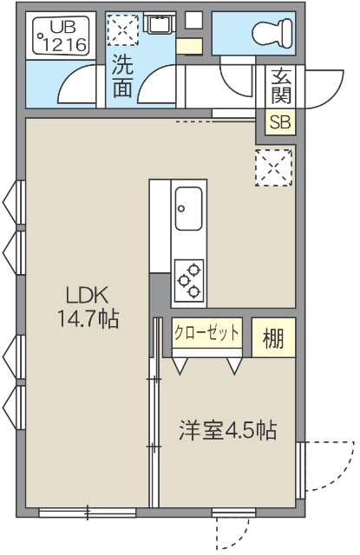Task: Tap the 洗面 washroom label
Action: pos(121,75)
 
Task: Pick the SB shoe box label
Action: pos(279,122)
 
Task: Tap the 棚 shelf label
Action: pos(274,339)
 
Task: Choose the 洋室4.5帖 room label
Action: pos(228,430)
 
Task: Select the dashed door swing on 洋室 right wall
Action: pos(327,467)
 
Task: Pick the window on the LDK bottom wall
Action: pos(87,512)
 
